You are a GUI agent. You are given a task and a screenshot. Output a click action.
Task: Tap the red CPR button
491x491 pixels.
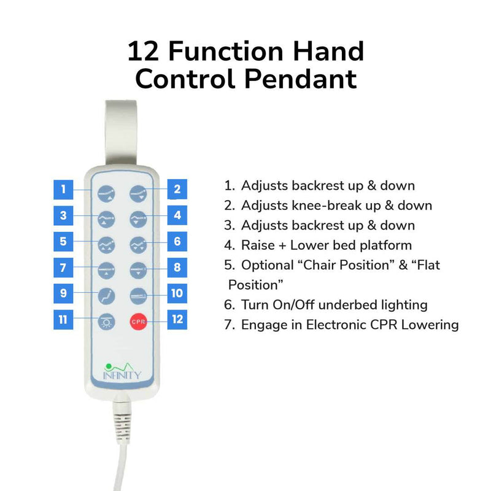tap(139, 322)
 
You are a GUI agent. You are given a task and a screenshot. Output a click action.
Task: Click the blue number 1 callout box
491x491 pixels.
tap(63, 190)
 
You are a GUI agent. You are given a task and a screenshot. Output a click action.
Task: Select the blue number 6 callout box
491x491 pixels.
tap(177, 241)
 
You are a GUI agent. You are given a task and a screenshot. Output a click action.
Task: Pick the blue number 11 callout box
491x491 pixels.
tap(63, 319)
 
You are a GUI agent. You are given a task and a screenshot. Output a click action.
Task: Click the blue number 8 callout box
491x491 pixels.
tap(177, 268)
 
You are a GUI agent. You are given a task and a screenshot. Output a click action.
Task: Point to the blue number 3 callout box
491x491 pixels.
tap(63, 215)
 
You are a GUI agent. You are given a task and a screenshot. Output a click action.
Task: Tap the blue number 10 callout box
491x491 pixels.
tap(177, 293)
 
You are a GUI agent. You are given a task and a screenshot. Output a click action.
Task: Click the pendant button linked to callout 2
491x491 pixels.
tap(138, 193)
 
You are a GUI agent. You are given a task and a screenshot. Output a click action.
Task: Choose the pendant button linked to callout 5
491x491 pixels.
tap(106, 245)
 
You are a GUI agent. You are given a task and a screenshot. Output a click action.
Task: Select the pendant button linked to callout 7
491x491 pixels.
tap(106, 271)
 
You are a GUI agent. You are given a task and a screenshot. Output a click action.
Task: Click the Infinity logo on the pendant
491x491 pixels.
tap(122, 371)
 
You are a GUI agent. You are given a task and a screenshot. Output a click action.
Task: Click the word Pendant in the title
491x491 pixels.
tap(301, 79)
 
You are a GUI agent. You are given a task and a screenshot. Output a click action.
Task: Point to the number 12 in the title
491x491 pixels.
tap(143, 51)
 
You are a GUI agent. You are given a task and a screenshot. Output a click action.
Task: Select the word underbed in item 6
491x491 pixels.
tap(347, 305)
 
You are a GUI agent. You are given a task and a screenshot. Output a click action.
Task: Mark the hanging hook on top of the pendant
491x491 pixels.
tap(121, 133)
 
